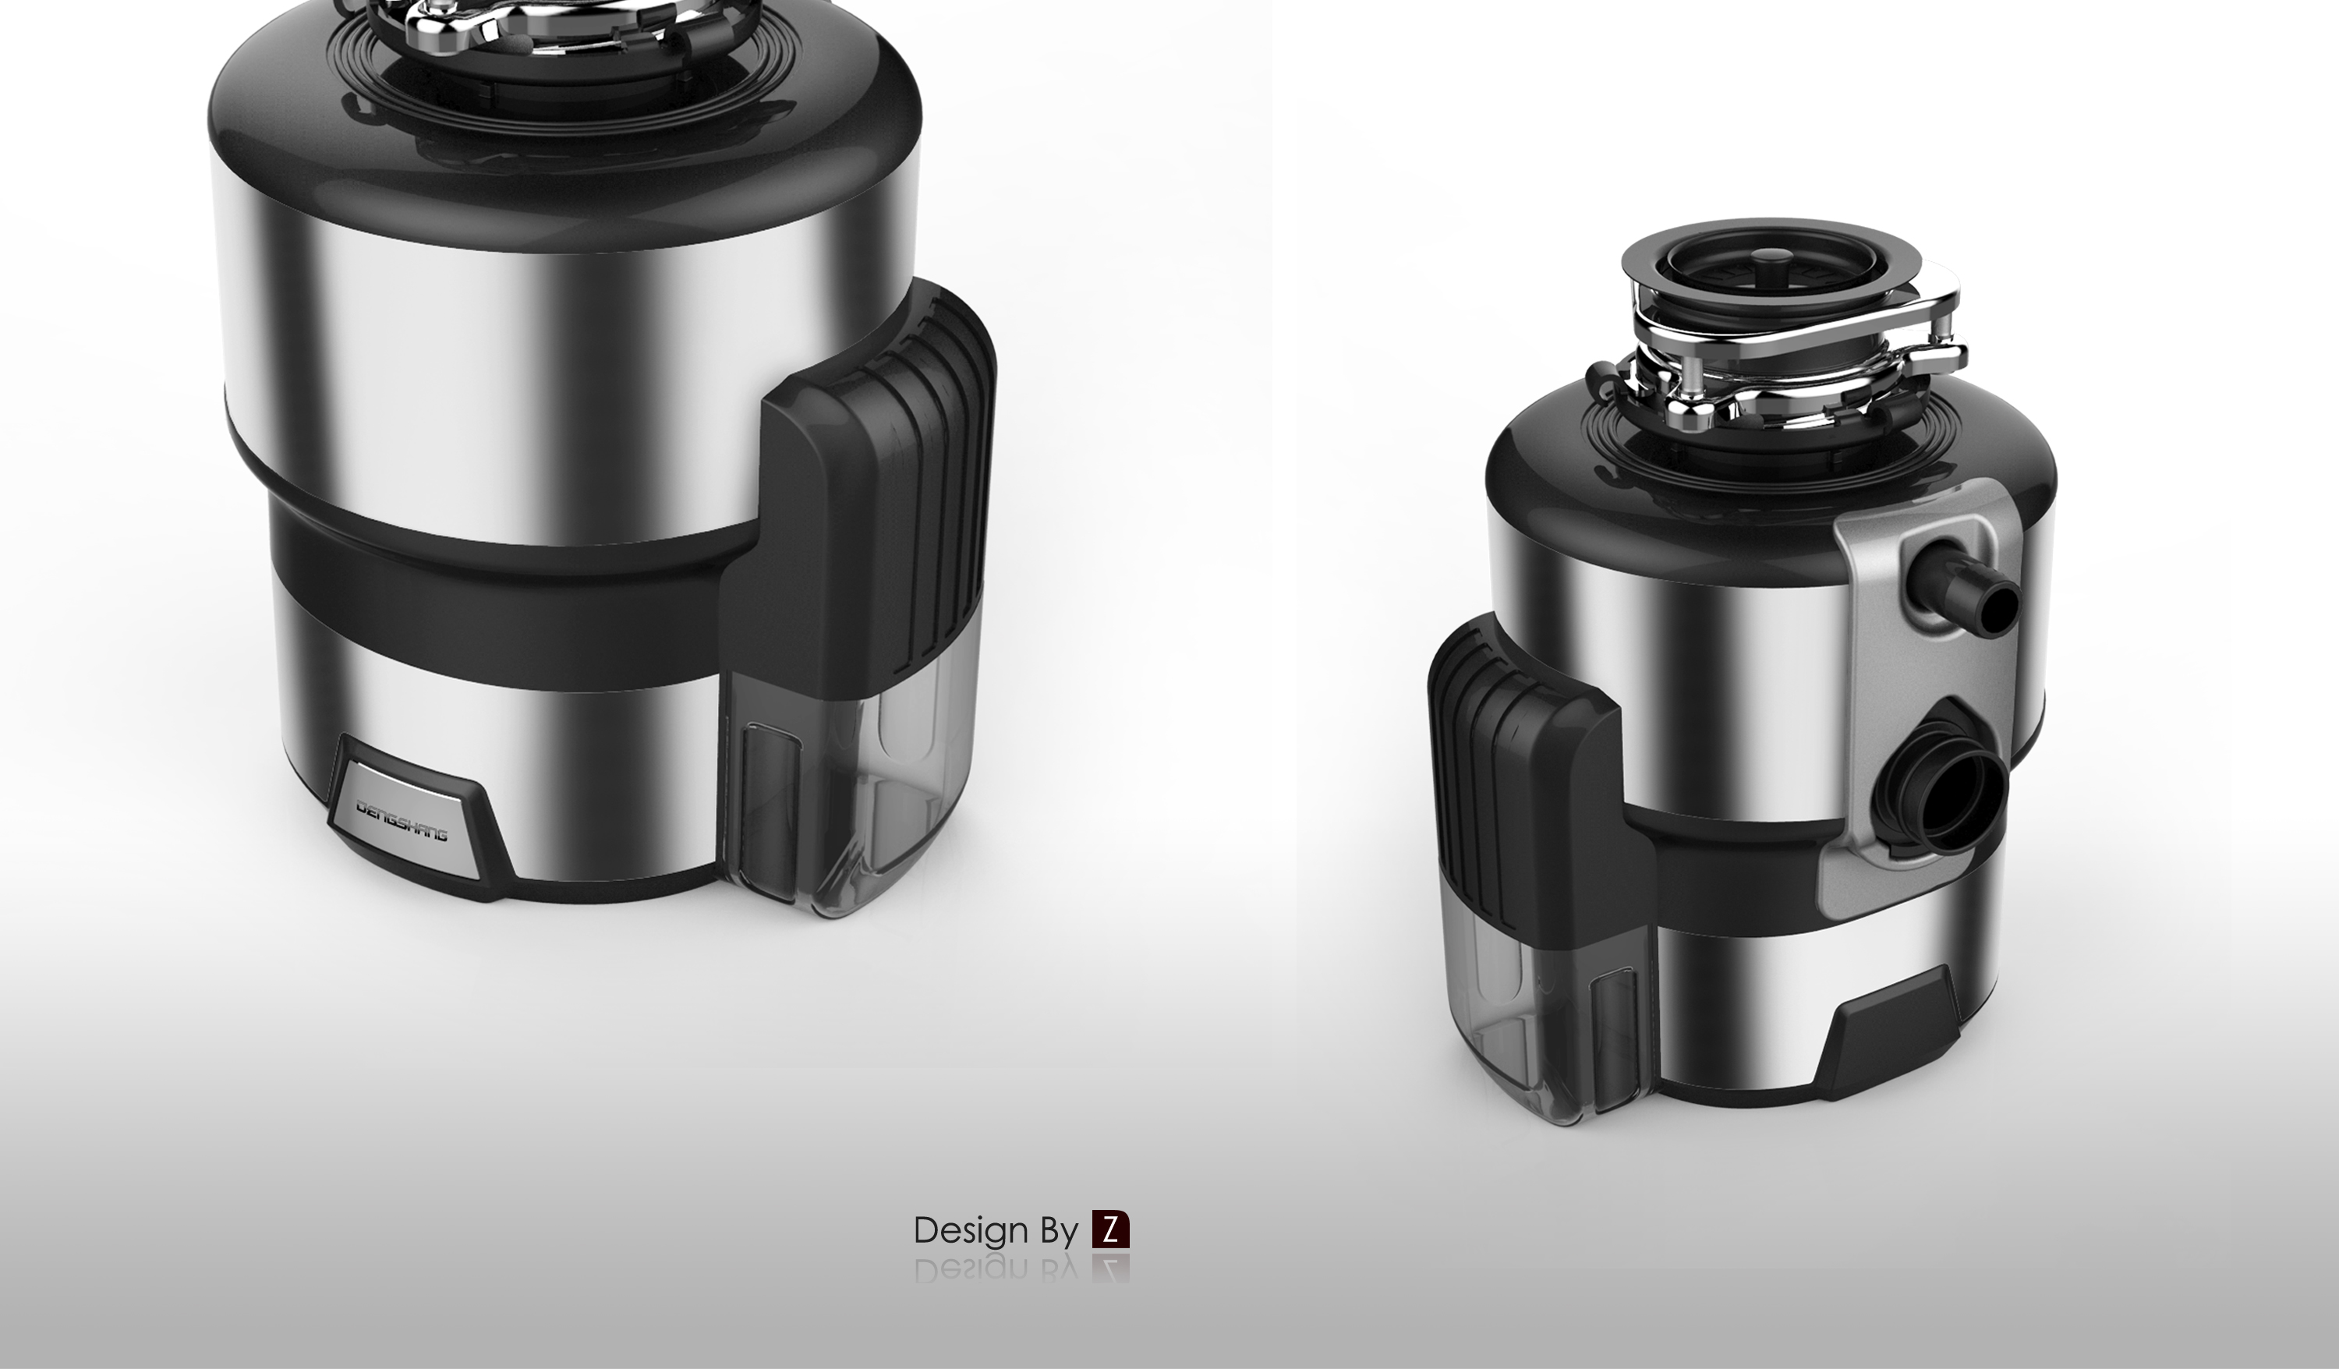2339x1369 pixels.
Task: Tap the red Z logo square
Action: pyautogui.click(x=1110, y=1229)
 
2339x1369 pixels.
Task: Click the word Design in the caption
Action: pyautogui.click(x=971, y=1231)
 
